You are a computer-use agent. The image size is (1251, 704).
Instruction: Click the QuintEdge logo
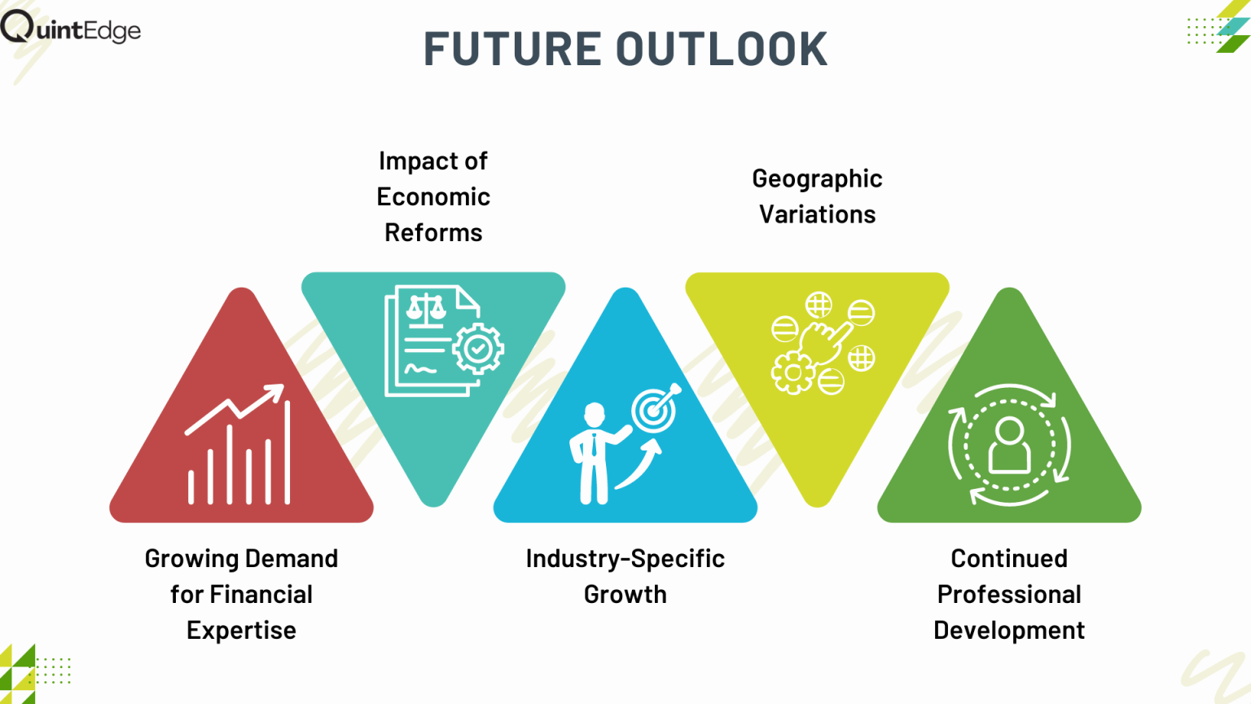tap(70, 27)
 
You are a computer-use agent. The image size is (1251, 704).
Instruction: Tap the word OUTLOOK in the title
tap(722, 49)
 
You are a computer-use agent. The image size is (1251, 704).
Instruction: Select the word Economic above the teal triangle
tap(433, 196)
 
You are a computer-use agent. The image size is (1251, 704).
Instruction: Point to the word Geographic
tap(817, 179)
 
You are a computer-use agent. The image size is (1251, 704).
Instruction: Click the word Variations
tap(817, 214)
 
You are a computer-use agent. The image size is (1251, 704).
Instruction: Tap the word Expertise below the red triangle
tap(241, 631)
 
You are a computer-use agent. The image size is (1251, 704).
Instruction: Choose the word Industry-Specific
tap(625, 559)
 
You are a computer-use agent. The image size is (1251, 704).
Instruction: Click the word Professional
tap(1009, 595)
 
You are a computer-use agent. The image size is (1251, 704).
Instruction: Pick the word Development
tap(1009, 631)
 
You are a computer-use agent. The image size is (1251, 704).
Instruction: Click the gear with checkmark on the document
tap(478, 349)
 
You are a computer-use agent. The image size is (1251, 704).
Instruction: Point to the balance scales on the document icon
tap(426, 310)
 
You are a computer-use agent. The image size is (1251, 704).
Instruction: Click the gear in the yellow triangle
tap(793, 372)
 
